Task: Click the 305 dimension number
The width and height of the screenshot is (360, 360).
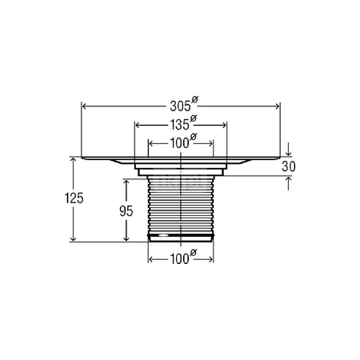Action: (x=181, y=106)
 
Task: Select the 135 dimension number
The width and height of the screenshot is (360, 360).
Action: (x=179, y=125)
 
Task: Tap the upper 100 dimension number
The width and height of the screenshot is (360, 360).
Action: (x=179, y=144)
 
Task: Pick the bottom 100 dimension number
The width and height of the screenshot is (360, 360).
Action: (x=179, y=259)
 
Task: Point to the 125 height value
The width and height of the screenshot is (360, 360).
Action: (x=74, y=198)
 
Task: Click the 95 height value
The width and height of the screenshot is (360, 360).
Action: (x=126, y=211)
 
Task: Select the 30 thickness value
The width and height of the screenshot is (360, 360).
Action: (x=289, y=166)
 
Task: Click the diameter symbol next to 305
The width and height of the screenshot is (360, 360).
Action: (x=194, y=100)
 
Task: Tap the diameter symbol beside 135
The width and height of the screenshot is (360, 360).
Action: (x=193, y=118)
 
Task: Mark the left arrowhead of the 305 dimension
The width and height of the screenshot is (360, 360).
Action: (x=84, y=106)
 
